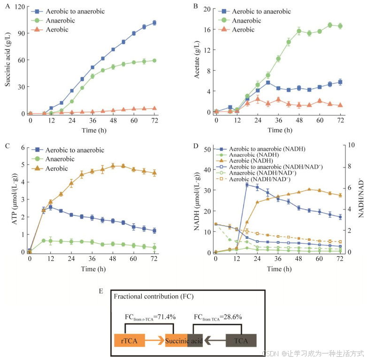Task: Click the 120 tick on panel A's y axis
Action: click(19, 7)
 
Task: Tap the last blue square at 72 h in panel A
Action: click(154, 23)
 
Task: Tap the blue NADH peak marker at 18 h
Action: click(247, 185)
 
